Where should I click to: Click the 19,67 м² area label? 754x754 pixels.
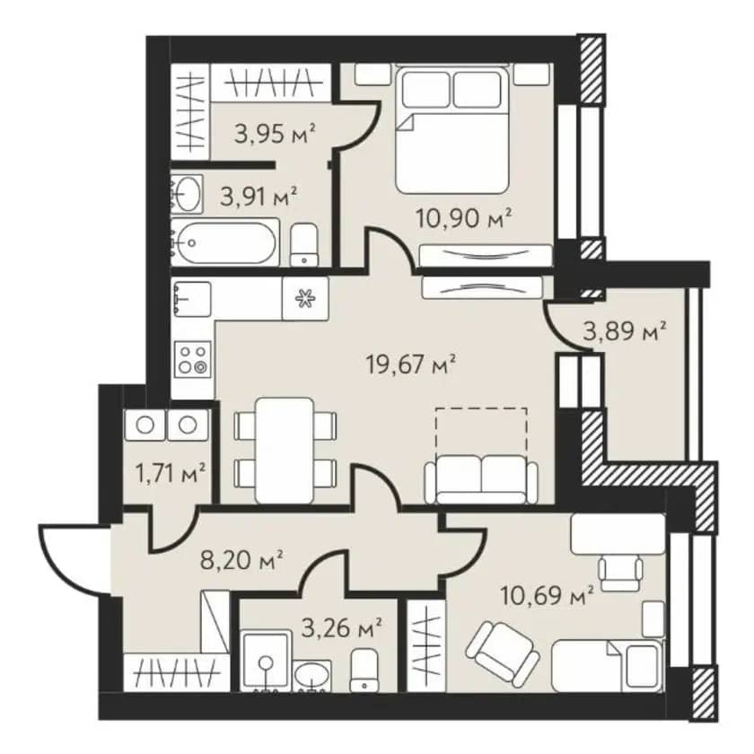point(410,364)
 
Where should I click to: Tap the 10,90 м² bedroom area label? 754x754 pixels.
point(463,219)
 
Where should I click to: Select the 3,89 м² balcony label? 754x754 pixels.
point(624,331)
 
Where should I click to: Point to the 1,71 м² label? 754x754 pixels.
point(171,474)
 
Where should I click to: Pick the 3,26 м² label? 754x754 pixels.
point(341,628)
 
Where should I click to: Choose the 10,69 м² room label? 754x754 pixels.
point(547,596)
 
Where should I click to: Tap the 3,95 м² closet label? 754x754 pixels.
point(275,133)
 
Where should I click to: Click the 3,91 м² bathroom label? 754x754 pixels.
point(258,197)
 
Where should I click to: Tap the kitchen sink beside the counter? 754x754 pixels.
point(191,299)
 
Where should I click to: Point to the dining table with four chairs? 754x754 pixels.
point(285,450)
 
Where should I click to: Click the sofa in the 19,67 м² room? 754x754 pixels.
point(481,479)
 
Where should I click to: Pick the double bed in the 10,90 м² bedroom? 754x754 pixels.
point(452,130)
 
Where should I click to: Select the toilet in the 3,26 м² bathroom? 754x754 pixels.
point(364,670)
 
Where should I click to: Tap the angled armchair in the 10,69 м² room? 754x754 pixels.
point(503,653)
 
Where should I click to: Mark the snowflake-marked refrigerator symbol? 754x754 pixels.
point(305,299)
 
